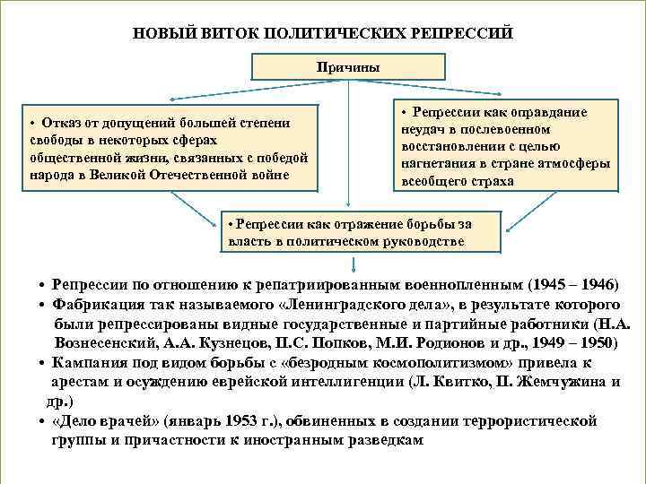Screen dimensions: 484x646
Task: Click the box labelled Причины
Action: pos(347,66)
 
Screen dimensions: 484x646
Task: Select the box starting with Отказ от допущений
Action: pos(169,148)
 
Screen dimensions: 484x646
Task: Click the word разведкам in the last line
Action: pos(380,441)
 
